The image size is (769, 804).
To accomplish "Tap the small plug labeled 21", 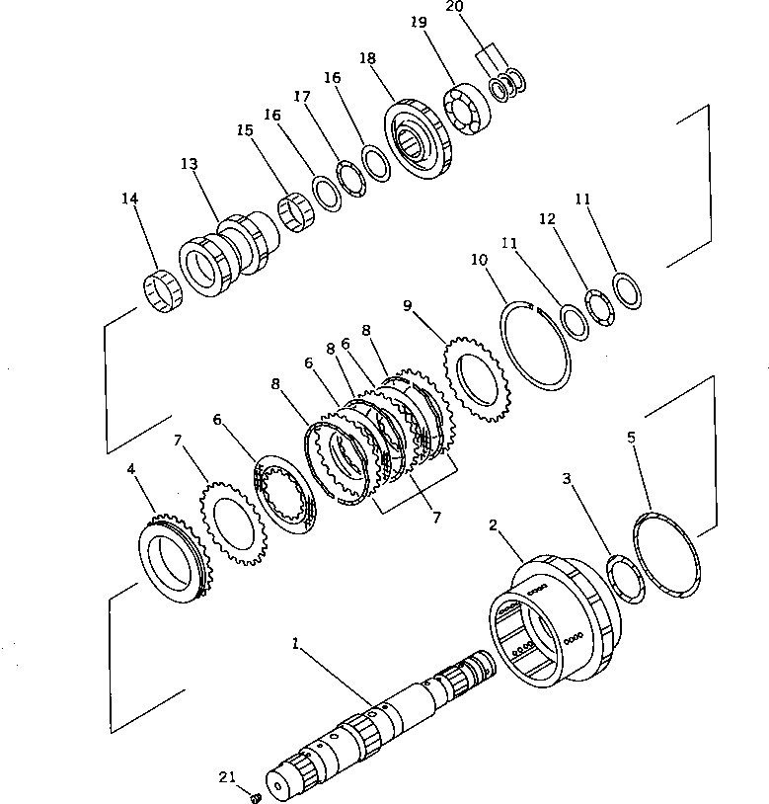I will point(255,796).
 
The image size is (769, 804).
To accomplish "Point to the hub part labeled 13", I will point(225,257).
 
